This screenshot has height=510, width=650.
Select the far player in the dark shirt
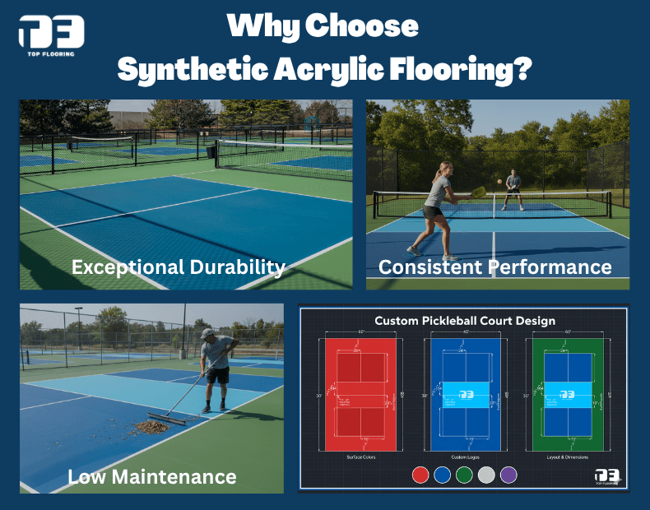pyautogui.click(x=513, y=183)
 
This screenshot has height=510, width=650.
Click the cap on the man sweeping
pyautogui.click(x=208, y=333)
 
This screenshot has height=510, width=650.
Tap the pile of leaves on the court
pyautogui.click(x=153, y=426)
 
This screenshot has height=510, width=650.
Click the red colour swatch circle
pyautogui.click(x=420, y=475)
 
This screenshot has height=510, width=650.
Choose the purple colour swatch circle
pyautogui.click(x=508, y=475)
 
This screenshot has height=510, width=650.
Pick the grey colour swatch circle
pyautogui.click(x=487, y=475)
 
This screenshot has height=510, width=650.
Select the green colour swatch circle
pyautogui.click(x=465, y=475)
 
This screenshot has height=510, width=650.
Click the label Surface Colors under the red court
pyautogui.click(x=360, y=456)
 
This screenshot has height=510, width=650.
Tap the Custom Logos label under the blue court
pyautogui.click(x=465, y=456)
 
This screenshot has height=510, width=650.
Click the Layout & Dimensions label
pyautogui.click(x=568, y=456)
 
